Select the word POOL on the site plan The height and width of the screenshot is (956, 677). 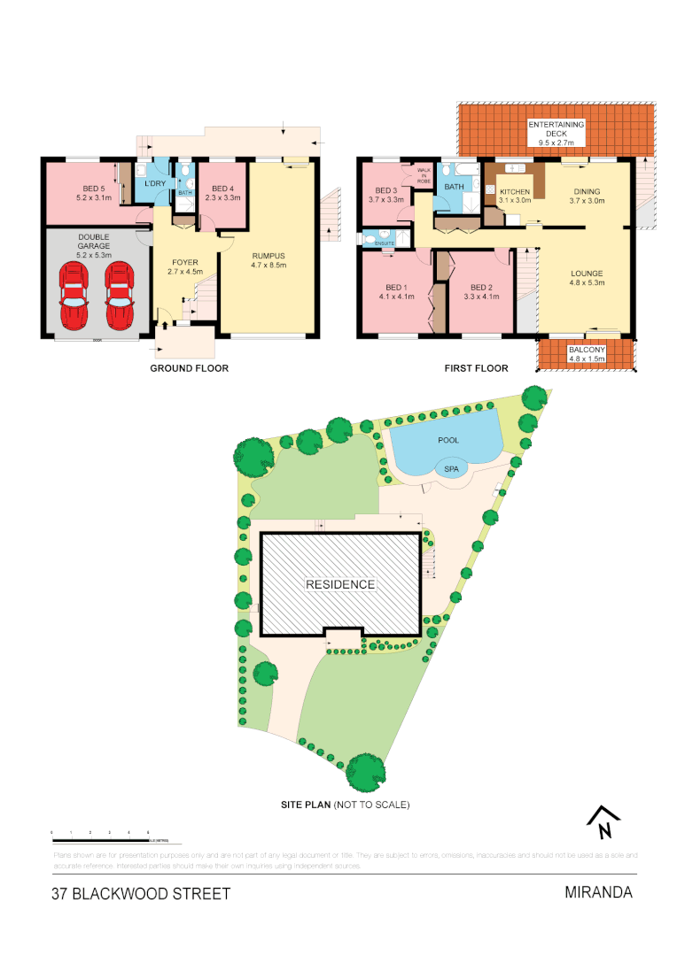(x=448, y=439)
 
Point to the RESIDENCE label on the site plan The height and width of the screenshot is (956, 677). (x=340, y=584)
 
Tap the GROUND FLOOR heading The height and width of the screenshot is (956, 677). (x=189, y=368)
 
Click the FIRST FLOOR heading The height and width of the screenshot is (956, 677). (x=476, y=368)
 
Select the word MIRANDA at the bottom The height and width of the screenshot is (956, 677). (x=598, y=892)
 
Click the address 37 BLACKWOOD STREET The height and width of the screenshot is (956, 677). (x=141, y=894)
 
